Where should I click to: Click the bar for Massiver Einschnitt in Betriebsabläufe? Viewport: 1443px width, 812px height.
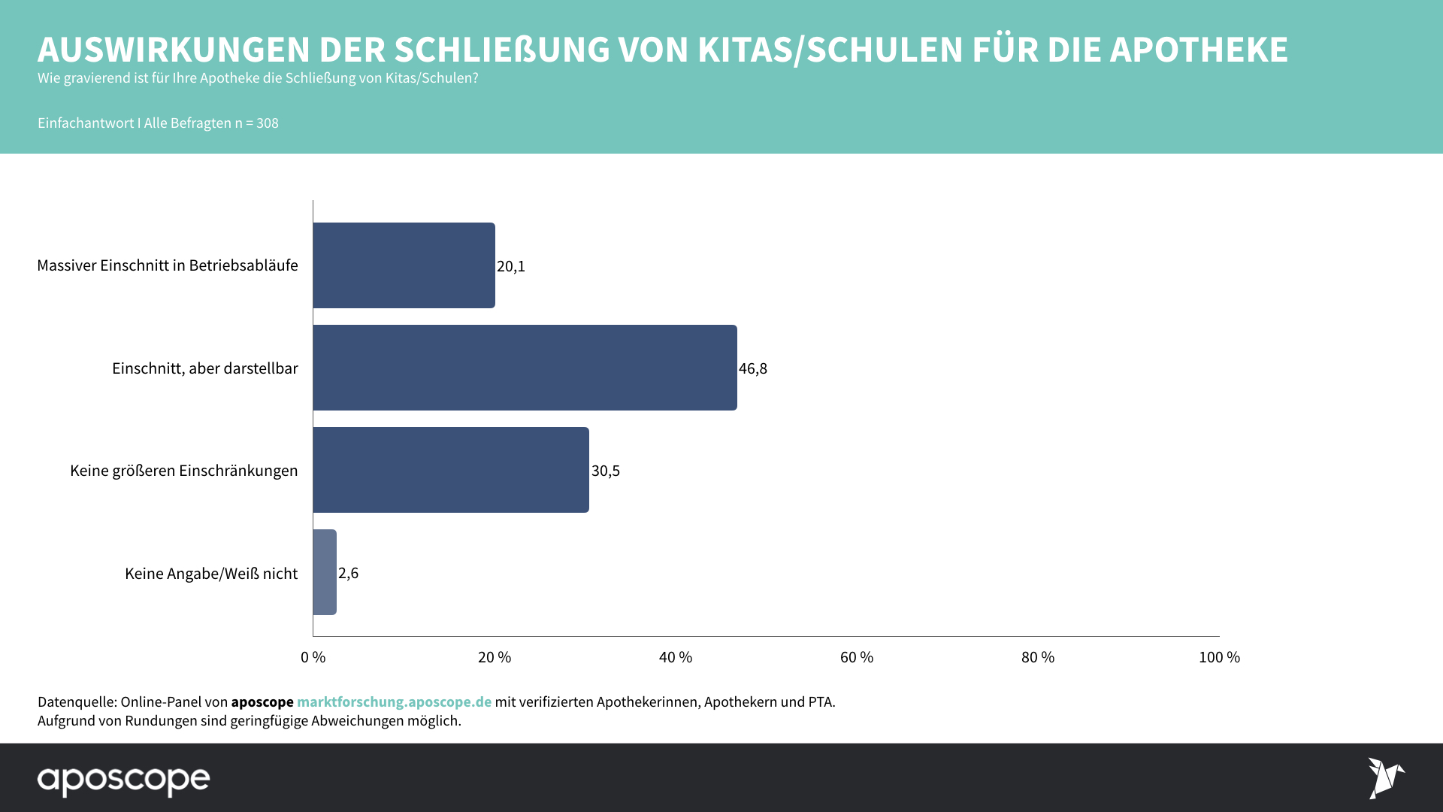pos(404,265)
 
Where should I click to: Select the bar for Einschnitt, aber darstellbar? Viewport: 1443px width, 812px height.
pos(525,368)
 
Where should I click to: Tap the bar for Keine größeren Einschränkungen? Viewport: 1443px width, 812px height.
pos(451,470)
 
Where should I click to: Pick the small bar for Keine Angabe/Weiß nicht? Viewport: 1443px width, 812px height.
pos(325,572)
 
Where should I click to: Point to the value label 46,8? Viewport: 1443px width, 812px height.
pos(753,368)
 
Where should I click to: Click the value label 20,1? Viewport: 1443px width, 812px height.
pos(511,266)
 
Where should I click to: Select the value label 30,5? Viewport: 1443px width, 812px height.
pos(606,471)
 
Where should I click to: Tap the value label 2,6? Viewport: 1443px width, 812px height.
pos(349,573)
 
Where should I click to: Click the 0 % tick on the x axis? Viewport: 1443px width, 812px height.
pos(313,657)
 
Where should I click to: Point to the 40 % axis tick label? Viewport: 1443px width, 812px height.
pos(676,657)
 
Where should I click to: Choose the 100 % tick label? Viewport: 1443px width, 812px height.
pos(1219,657)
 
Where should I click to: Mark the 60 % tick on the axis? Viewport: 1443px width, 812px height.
pos(857,657)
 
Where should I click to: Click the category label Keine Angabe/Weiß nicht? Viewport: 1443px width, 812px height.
pos(211,574)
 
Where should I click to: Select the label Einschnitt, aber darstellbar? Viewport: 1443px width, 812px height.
pos(205,368)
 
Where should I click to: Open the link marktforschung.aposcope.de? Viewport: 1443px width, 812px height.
pos(394,701)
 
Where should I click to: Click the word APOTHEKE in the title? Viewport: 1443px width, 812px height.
pos(1199,50)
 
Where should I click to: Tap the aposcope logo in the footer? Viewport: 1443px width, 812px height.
pos(124,780)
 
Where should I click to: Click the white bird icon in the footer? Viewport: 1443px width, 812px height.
pos(1385,777)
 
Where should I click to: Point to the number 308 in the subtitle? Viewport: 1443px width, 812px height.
pos(268,123)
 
